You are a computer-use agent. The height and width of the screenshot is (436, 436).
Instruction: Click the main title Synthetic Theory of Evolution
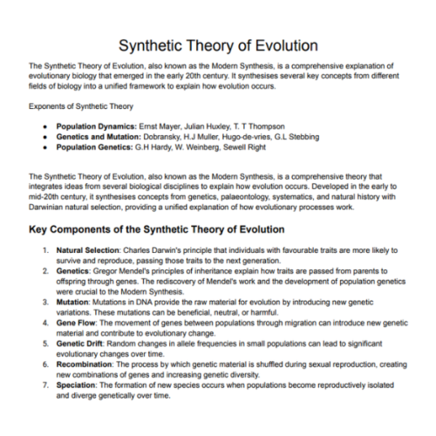pos(217,44)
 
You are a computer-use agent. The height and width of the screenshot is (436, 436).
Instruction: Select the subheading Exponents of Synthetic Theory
pos(81,106)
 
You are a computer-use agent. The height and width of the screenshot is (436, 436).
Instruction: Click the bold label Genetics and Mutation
pos(97,136)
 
